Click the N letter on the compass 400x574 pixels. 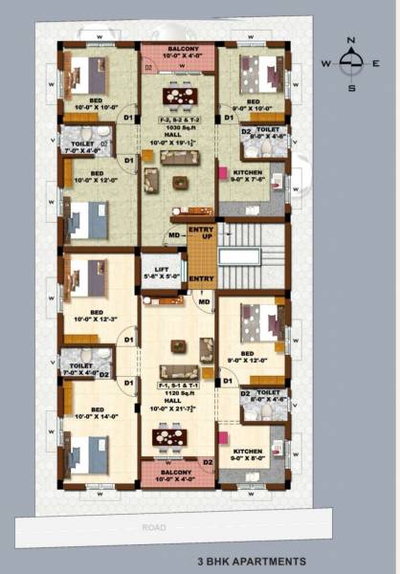pyautogui.click(x=351, y=39)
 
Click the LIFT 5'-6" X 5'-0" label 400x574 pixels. pyautogui.click(x=161, y=273)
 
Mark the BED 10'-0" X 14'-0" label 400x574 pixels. pyautogui.click(x=97, y=414)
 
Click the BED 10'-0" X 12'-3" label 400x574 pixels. pyautogui.click(x=97, y=316)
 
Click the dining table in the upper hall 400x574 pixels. pyautogui.click(x=178, y=96)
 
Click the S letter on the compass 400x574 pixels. pyautogui.click(x=351, y=87)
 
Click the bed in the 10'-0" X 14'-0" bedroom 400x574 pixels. pyautogui.click(x=89, y=454)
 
